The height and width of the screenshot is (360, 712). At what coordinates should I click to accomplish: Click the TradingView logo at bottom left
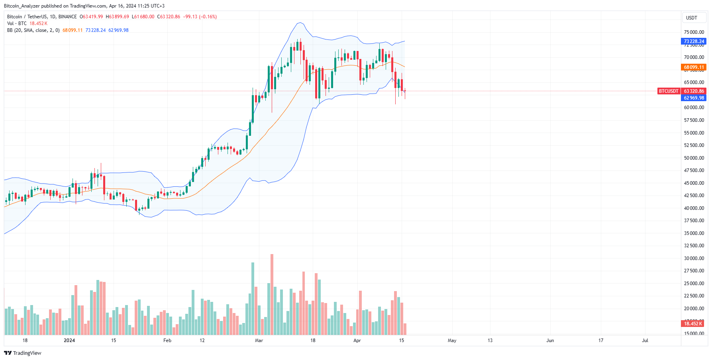click(x=23, y=353)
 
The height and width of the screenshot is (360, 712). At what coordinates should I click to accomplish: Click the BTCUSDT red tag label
click(x=668, y=91)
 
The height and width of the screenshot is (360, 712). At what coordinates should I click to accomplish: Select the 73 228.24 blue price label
click(x=694, y=41)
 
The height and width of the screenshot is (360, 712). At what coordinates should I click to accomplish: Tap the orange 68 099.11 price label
click(x=694, y=67)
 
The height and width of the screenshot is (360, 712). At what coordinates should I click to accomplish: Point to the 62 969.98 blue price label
click(x=694, y=98)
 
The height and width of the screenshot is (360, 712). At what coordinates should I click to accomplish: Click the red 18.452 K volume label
click(x=693, y=324)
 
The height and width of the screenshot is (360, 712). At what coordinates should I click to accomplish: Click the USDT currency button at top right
click(x=691, y=18)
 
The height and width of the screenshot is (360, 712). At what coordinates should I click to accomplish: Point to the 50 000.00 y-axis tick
click(x=694, y=158)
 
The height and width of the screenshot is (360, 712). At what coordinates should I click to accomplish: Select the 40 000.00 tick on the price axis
click(x=694, y=208)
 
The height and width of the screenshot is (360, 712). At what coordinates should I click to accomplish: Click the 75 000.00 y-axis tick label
click(x=694, y=32)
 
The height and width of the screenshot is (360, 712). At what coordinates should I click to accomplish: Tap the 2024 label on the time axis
click(x=69, y=340)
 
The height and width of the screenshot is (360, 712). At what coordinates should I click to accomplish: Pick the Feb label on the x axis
click(x=167, y=340)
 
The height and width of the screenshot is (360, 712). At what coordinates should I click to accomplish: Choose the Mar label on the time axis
click(x=259, y=340)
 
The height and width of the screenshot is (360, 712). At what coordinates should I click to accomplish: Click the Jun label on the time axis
click(x=550, y=340)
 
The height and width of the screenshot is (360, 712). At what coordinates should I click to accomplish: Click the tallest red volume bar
click(x=272, y=295)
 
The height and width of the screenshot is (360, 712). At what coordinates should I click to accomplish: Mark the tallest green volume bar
click(x=253, y=299)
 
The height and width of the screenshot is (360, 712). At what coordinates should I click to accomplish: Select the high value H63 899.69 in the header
click(x=117, y=17)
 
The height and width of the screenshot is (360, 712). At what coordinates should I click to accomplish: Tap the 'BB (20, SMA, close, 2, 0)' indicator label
click(x=33, y=30)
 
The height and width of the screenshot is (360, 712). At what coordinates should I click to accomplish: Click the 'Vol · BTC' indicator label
click(x=17, y=23)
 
